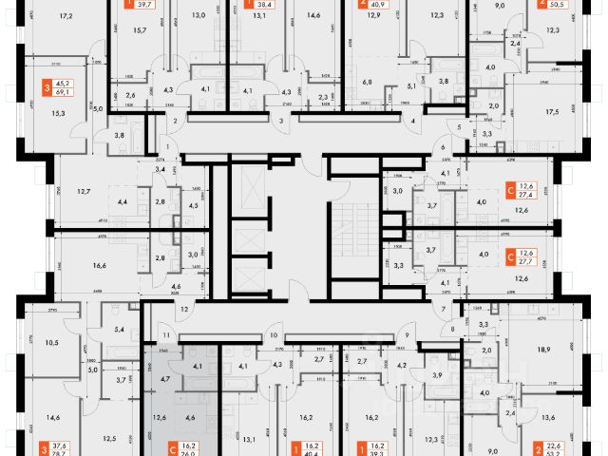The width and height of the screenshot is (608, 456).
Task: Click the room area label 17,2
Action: [66, 16]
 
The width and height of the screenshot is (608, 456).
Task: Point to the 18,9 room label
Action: [545, 351]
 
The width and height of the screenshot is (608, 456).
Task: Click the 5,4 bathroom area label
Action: [120, 330]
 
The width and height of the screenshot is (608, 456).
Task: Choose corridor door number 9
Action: [407, 335]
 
